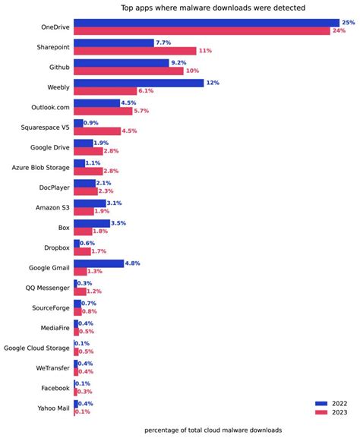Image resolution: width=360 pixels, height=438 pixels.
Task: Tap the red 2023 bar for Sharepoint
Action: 134,51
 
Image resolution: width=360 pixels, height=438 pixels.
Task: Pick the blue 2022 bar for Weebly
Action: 138,83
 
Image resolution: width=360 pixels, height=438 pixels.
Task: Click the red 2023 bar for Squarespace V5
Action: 97,131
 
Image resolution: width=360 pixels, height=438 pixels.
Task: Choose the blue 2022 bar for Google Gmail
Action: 99,263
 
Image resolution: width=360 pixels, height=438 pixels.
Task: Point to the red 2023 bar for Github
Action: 128,71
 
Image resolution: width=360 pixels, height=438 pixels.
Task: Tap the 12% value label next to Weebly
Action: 213,83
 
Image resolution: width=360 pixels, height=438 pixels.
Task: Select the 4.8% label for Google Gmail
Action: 134,263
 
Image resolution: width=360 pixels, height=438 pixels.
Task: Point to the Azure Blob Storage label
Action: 41,167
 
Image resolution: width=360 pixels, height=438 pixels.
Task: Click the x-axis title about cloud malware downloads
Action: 213,430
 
